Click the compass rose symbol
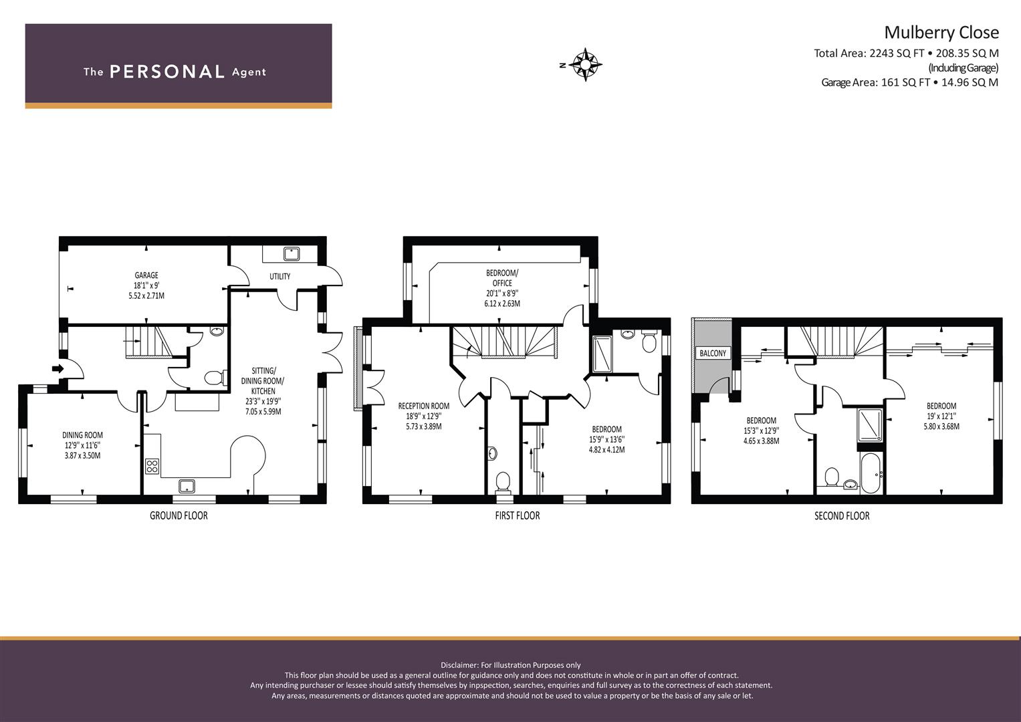pyautogui.click(x=585, y=64)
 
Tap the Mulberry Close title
pyautogui.click(x=941, y=32)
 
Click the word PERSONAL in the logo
pyautogui.click(x=167, y=72)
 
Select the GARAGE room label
pyautogui.click(x=146, y=275)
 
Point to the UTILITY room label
pyautogui.click(x=280, y=276)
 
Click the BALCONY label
pyautogui.click(x=713, y=353)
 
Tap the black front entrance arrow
pyautogui.click(x=58, y=368)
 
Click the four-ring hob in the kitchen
pyautogui.click(x=152, y=467)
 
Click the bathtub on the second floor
pyautogui.click(x=871, y=473)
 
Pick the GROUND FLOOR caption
pyautogui.click(x=179, y=515)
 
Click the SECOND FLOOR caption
pyautogui.click(x=842, y=515)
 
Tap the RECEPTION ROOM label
pyautogui.click(x=424, y=406)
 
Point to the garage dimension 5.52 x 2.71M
pyautogui.click(x=146, y=295)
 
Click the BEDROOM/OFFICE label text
pyautogui.click(x=502, y=278)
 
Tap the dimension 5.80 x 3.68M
pyautogui.click(x=941, y=427)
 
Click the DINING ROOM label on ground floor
pyautogui.click(x=82, y=435)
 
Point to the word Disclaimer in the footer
pyautogui.click(x=459, y=665)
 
